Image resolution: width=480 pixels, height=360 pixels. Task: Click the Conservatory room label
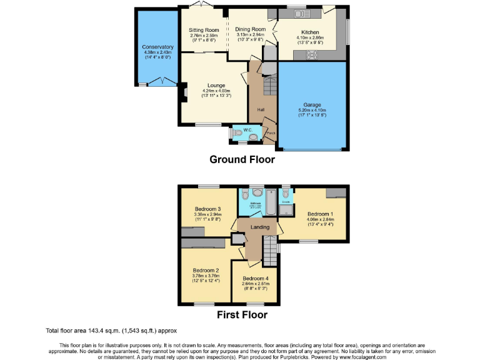point(153,47)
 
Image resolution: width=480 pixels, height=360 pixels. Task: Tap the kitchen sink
point(297,13)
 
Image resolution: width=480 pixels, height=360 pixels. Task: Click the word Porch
point(271,133)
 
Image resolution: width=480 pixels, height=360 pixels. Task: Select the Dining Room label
point(251,29)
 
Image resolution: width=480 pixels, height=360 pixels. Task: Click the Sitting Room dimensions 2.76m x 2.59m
point(204,35)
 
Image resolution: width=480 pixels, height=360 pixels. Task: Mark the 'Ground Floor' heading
point(242,159)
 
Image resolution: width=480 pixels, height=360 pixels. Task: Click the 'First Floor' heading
point(242,314)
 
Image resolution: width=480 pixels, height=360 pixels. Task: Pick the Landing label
point(259,227)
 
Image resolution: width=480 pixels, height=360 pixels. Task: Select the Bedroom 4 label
point(255,278)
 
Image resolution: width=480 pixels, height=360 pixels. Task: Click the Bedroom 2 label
point(206,271)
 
